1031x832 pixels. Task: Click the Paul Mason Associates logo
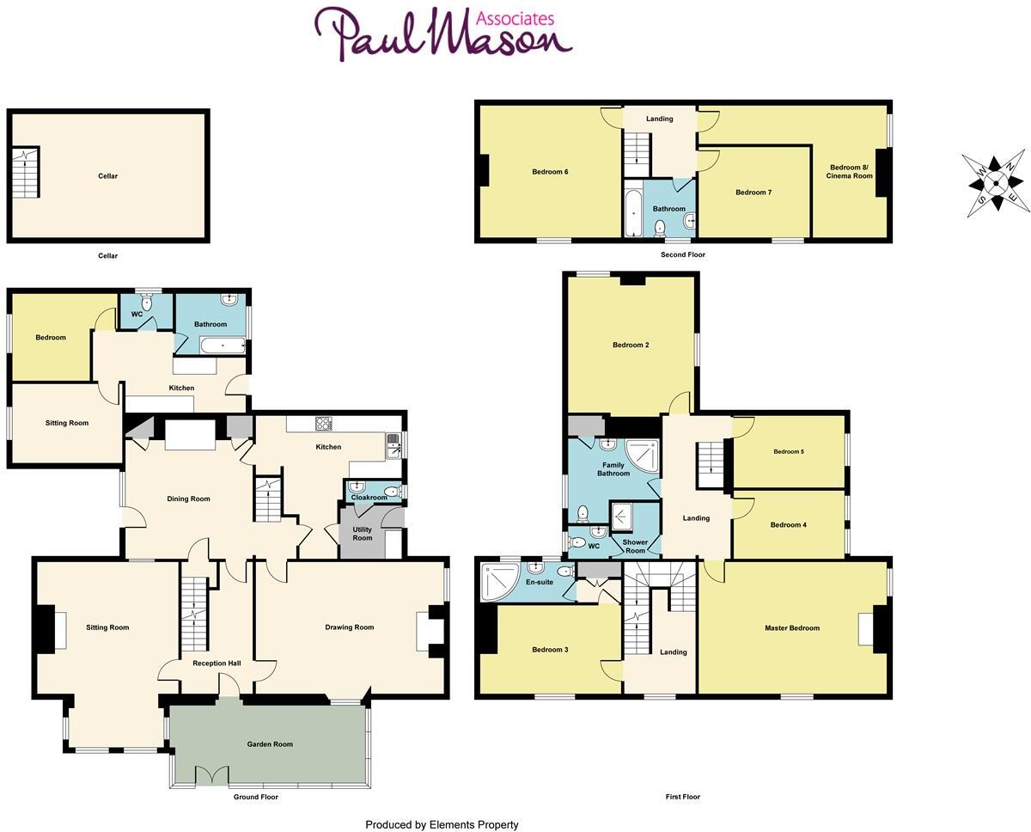pyautogui.click(x=442, y=34)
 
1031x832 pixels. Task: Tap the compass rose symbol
pyautogui.click(x=995, y=183)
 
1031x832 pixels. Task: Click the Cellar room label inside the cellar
pyautogui.click(x=107, y=176)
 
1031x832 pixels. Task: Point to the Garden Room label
pyautogui.click(x=270, y=744)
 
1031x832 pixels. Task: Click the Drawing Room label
pyautogui.click(x=350, y=627)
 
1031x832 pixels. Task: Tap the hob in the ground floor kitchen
pyautogui.click(x=324, y=423)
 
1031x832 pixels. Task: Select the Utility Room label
pyautogui.click(x=363, y=534)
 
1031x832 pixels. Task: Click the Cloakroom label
pyautogui.click(x=369, y=498)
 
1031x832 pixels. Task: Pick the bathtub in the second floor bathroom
pyautogui.click(x=633, y=212)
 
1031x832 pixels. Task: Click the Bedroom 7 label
pyautogui.click(x=753, y=193)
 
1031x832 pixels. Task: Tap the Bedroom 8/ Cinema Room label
pyautogui.click(x=849, y=172)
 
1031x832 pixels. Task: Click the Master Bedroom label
pyautogui.click(x=792, y=628)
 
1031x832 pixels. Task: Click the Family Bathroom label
pyautogui.click(x=613, y=469)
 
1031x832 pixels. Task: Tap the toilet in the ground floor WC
pyautogui.click(x=146, y=302)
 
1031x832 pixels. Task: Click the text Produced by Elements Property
pyautogui.click(x=442, y=825)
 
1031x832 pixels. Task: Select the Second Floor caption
pyautogui.click(x=682, y=255)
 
